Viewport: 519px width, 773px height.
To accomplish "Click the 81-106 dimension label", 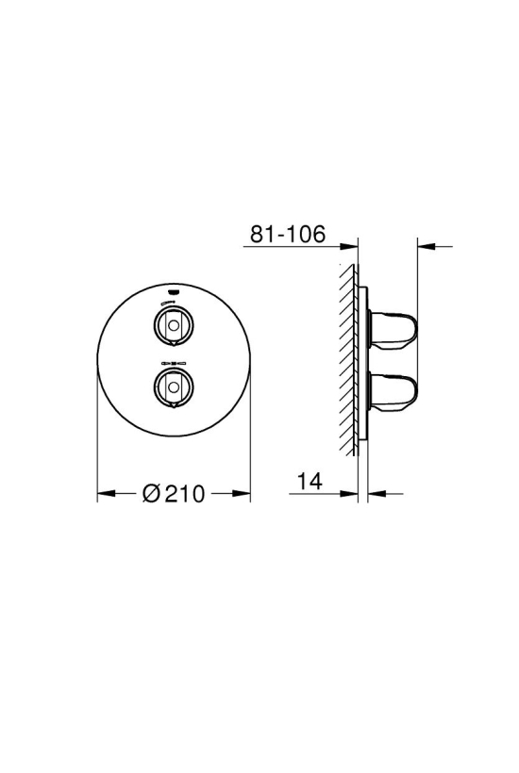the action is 288,234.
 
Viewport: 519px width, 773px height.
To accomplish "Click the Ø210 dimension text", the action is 174,493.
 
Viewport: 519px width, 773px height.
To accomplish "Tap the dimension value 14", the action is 310,481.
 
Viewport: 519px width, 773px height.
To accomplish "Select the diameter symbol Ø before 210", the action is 152,493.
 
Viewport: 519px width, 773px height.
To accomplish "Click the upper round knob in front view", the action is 174,325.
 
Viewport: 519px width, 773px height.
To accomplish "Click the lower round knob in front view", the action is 174,386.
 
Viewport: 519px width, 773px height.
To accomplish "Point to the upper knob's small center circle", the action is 174,325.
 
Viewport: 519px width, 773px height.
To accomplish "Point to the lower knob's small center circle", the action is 174,386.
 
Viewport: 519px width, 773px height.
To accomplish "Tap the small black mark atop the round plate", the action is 174,289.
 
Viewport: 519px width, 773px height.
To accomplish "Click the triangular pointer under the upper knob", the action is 174,343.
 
